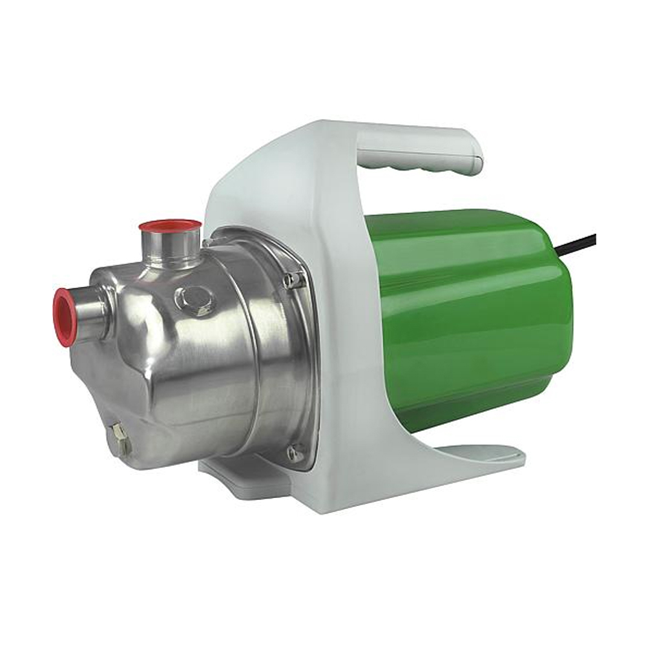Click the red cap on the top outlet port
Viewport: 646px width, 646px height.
coord(170,227)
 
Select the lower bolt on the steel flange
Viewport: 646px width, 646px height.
coord(295,452)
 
